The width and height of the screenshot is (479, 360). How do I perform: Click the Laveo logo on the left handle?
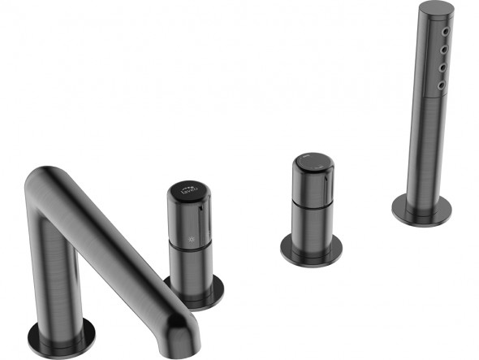(x=188, y=192)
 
